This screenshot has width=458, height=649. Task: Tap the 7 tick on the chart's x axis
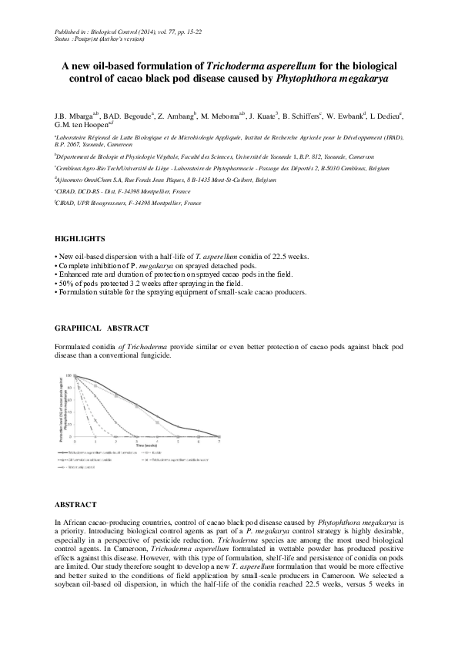[219, 441]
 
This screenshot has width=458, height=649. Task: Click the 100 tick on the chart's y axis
[68, 375]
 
